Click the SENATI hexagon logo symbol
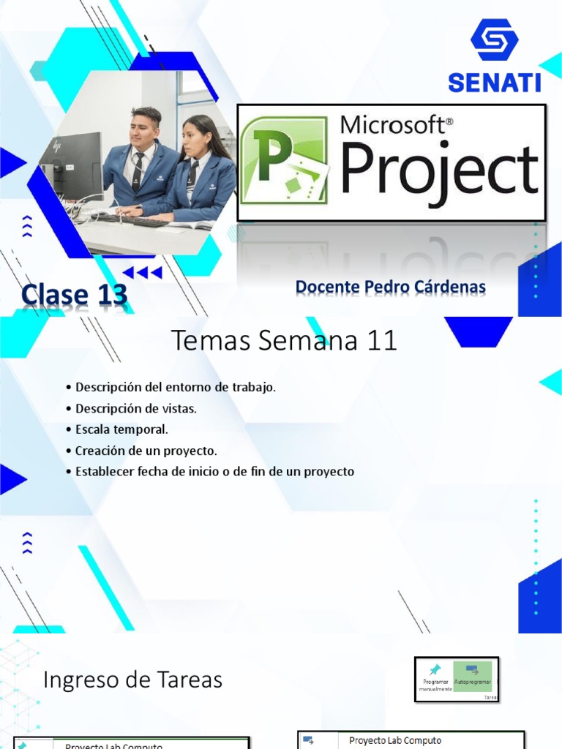(494, 40)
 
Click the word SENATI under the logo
(494, 82)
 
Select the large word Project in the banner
(439, 170)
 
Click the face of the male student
(143, 129)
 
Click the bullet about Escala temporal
(121, 429)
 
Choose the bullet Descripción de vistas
(136, 408)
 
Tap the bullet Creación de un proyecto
(146, 451)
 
